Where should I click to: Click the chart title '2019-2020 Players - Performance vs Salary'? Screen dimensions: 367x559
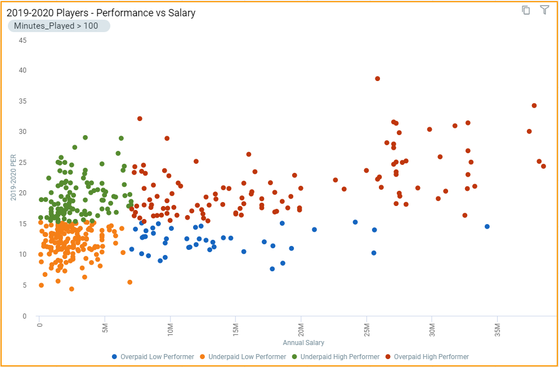[x=101, y=12]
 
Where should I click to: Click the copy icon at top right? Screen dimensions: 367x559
[x=526, y=10]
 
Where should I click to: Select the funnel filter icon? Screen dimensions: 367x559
[x=544, y=10]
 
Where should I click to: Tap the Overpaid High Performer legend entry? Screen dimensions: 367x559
[x=431, y=356]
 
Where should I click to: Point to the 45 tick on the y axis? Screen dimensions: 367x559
[x=23, y=40]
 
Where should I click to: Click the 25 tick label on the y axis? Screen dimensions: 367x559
[x=23, y=163]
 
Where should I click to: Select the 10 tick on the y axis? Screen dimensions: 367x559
[x=23, y=254]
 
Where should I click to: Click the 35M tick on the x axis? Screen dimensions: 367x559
[x=497, y=328]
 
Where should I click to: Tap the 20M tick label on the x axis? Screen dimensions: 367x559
[x=301, y=328]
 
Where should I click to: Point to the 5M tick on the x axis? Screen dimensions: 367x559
[x=105, y=327]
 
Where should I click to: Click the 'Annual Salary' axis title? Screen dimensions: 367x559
[x=303, y=342]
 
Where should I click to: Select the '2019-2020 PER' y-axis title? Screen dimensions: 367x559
[x=14, y=177]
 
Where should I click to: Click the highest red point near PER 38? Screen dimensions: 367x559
[x=378, y=79]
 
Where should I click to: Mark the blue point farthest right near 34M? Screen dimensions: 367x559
[x=487, y=226]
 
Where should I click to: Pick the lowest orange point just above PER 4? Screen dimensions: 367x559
[x=71, y=289]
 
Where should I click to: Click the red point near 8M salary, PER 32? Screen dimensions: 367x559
[x=140, y=119]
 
